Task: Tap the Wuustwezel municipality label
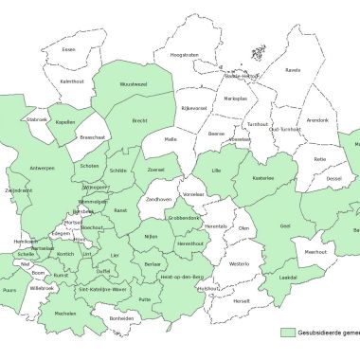click(x=134, y=84)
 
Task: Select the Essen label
click(x=67, y=49)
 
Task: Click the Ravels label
click(x=293, y=69)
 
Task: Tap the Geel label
click(x=284, y=226)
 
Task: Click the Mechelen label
click(x=64, y=312)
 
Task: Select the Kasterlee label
click(x=262, y=178)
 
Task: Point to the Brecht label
click(x=139, y=122)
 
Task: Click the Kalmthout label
click(x=73, y=81)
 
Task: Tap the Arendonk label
click(x=317, y=120)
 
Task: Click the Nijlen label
click(x=151, y=236)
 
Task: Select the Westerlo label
click(x=241, y=263)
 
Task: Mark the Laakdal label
click(x=288, y=277)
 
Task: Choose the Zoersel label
click(x=155, y=171)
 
